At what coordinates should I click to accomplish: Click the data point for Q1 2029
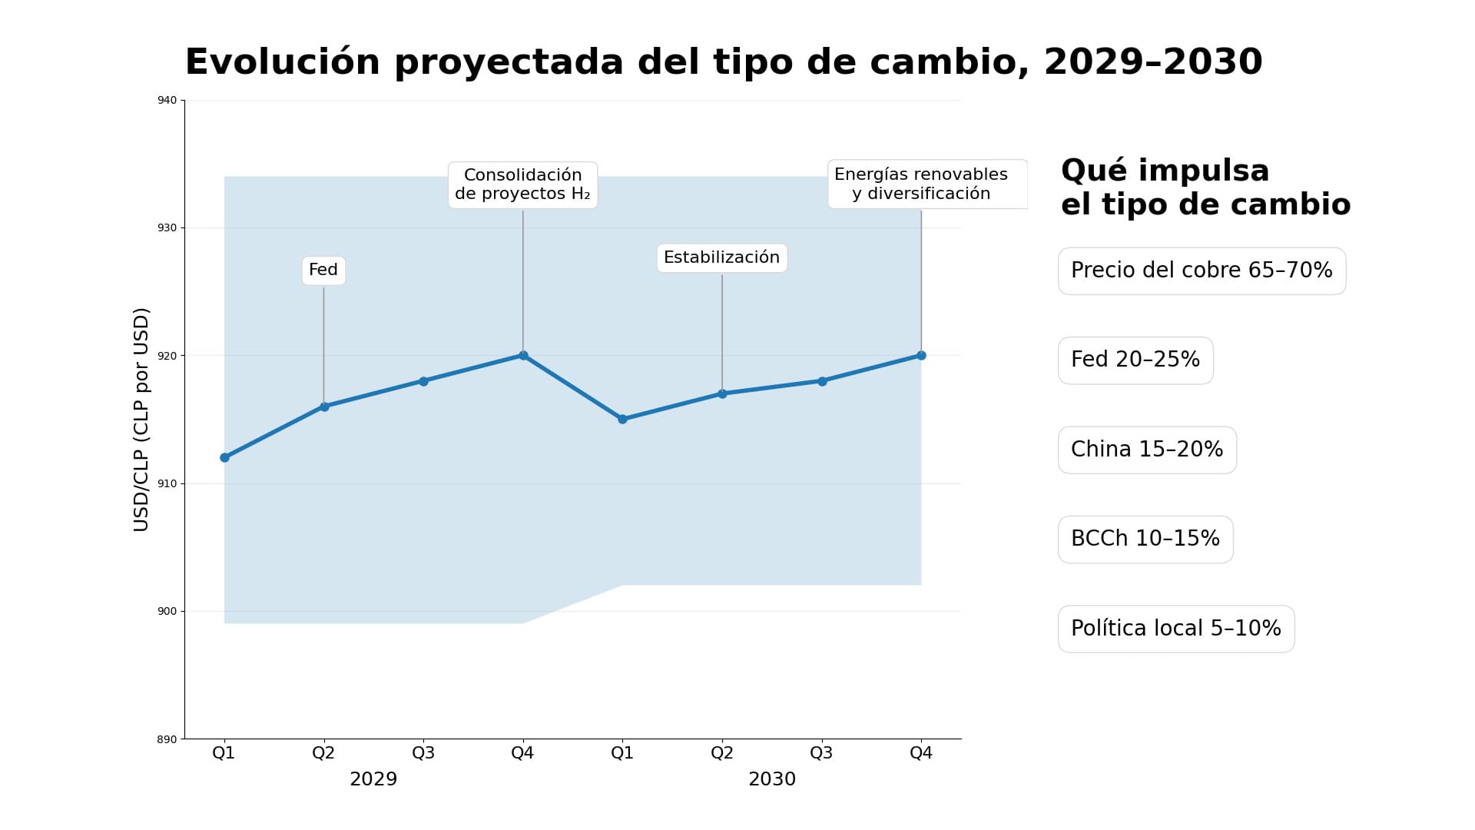224,457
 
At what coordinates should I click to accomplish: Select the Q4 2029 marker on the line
523,355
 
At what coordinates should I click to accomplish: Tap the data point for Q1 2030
622,419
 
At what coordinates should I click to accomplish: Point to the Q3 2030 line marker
822,381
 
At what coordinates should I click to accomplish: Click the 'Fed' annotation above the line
323,271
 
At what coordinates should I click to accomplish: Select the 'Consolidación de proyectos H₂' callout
522,184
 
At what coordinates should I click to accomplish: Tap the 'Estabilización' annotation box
721,258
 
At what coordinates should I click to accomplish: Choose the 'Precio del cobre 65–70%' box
1202,271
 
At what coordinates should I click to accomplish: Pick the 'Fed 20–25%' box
1135,360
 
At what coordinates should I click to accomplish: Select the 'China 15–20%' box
1147,450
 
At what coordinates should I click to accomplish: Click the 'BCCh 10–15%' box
1145,539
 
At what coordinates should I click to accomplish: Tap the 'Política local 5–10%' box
1175,629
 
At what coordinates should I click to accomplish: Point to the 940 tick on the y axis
167,101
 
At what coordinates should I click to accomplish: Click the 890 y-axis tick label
167,739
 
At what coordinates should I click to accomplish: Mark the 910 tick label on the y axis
167,483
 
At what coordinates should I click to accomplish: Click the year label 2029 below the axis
373,779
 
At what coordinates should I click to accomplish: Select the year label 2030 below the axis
772,779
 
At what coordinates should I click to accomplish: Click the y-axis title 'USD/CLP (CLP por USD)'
141,420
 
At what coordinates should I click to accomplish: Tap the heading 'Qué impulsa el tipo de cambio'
1205,188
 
